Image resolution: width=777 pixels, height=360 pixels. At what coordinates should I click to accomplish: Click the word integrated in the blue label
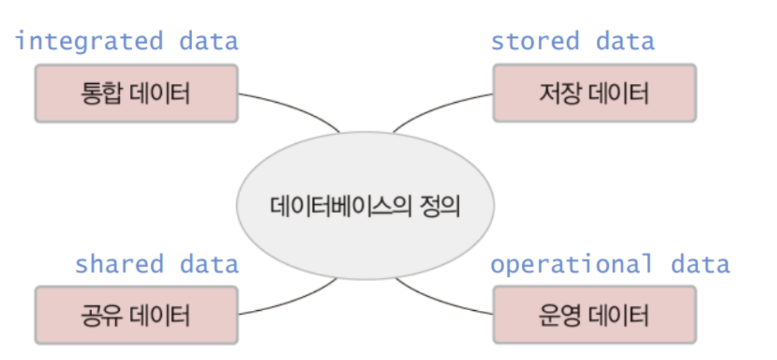[88, 42]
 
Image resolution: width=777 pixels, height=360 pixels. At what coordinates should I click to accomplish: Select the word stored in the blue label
[534, 42]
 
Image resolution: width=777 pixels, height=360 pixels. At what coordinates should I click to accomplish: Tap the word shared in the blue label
[119, 264]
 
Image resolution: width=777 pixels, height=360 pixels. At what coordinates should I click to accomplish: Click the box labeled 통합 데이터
[136, 93]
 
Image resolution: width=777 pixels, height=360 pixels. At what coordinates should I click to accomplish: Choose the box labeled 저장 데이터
[594, 93]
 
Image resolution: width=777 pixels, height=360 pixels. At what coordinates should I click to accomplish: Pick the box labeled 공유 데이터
[136, 315]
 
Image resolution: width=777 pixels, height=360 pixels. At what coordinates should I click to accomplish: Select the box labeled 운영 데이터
[594, 315]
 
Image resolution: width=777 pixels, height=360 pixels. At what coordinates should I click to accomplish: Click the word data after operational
[699, 264]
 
